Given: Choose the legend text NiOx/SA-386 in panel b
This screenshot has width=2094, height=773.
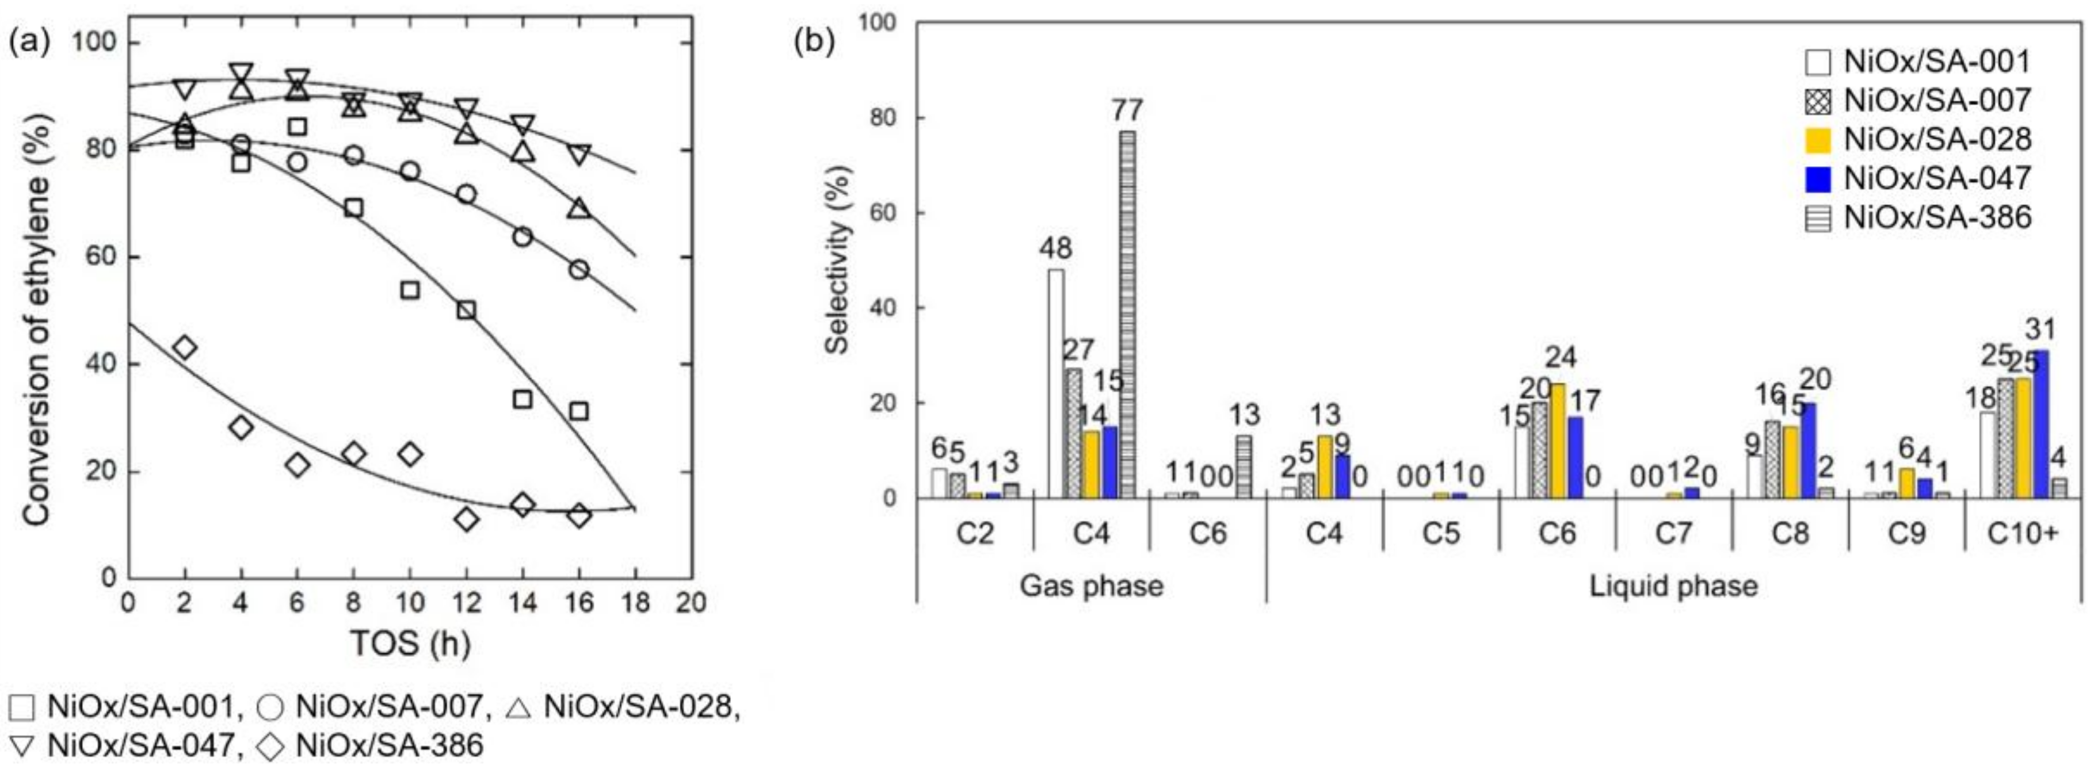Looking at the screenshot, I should tap(1937, 217).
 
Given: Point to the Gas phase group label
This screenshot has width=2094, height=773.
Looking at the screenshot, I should tap(1091, 586).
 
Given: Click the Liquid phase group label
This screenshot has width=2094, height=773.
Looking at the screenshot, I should tap(1673, 586).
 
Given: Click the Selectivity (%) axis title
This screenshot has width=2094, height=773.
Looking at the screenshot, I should tap(837, 260).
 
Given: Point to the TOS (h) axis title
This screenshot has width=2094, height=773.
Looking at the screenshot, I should tap(410, 643).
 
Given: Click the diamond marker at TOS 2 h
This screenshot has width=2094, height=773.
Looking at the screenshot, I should tap(185, 348).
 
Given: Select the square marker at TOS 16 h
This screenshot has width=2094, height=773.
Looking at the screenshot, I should tap(579, 411).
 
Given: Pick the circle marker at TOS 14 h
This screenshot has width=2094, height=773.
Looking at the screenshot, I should tap(522, 236).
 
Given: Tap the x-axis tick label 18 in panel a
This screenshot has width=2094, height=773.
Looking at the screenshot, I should tap(636, 602).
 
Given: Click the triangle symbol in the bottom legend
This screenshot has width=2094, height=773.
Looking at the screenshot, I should tap(518, 706).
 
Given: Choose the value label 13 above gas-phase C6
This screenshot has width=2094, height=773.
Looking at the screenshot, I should tap(1244, 415).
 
